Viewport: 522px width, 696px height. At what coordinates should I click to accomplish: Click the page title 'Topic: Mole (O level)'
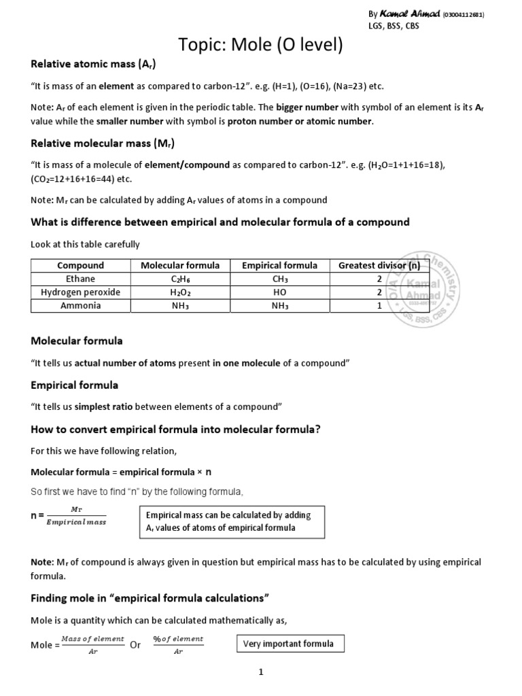click(x=260, y=46)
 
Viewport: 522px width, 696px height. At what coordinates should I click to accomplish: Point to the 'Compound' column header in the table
click(x=80, y=265)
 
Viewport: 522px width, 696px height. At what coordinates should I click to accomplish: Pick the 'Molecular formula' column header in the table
click(x=179, y=265)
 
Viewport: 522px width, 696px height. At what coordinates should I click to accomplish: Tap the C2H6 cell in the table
click(x=179, y=279)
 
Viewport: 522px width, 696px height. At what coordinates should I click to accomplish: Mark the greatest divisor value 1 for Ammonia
click(x=379, y=306)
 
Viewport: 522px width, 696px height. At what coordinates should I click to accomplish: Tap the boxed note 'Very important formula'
click(x=288, y=644)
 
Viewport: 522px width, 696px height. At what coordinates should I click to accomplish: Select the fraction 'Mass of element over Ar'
click(x=92, y=644)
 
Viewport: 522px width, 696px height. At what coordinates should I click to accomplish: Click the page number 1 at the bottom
click(x=260, y=672)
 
